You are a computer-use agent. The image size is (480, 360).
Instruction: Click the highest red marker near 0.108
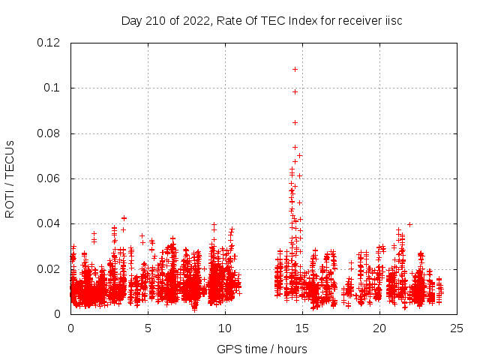[x=295, y=69]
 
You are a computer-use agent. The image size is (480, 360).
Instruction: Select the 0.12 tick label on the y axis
[x=49, y=43]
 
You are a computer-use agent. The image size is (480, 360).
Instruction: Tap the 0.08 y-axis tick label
[x=49, y=133]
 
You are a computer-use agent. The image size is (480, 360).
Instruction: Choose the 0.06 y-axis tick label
[x=49, y=178]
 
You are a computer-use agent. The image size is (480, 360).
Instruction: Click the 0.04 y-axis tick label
[x=49, y=223]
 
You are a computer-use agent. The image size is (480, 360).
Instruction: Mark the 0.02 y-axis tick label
[x=49, y=269]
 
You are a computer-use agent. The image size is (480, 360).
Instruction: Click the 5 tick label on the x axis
[x=148, y=328]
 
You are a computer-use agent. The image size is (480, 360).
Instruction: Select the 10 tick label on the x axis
[x=225, y=328]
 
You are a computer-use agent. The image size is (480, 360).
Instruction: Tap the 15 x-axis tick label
[x=302, y=328]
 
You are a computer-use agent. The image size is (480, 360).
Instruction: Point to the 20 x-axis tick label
[x=379, y=328]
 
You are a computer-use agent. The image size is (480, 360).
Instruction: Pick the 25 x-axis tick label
[x=457, y=328]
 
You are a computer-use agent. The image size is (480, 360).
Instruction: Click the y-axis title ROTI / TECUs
[x=10, y=178]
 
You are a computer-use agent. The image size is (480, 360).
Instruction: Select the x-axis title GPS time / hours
[x=262, y=349]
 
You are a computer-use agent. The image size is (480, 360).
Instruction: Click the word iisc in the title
[x=393, y=20]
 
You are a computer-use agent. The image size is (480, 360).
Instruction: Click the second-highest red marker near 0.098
[x=295, y=91]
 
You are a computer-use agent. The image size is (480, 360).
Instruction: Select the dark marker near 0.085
[x=295, y=122]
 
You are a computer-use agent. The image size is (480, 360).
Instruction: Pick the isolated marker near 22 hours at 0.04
[x=409, y=223]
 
